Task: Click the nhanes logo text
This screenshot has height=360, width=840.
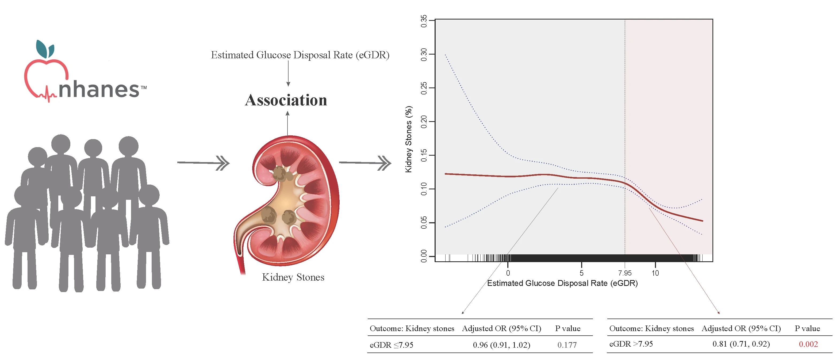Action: pyautogui.click(x=99, y=89)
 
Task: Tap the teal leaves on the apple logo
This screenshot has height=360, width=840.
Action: pyautogui.click(x=45, y=49)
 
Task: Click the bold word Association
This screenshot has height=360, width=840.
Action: pyautogui.click(x=286, y=100)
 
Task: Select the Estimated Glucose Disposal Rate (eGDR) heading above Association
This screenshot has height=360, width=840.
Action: pyautogui.click(x=300, y=55)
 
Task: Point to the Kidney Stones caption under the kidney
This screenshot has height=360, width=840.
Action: pyautogui.click(x=293, y=277)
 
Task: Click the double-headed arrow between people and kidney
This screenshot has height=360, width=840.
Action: pyautogui.click(x=204, y=163)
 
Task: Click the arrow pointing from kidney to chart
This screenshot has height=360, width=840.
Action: pyautogui.click(x=365, y=163)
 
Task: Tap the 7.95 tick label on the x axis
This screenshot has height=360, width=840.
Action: pyautogui.click(x=624, y=273)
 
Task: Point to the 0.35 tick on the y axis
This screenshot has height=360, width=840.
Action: pyautogui.click(x=424, y=21)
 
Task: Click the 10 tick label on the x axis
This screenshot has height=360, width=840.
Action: pyautogui.click(x=655, y=273)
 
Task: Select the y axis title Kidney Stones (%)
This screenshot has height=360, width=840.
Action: pyautogui.click(x=408, y=139)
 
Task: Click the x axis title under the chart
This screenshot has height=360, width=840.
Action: pyautogui.click(x=562, y=283)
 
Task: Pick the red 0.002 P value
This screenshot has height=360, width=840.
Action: pyautogui.click(x=808, y=344)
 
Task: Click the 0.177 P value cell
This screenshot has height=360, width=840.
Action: pyautogui.click(x=567, y=345)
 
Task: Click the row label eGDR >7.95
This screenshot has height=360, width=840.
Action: pyautogui.click(x=631, y=344)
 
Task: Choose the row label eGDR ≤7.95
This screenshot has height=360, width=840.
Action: pyautogui.click(x=391, y=345)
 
